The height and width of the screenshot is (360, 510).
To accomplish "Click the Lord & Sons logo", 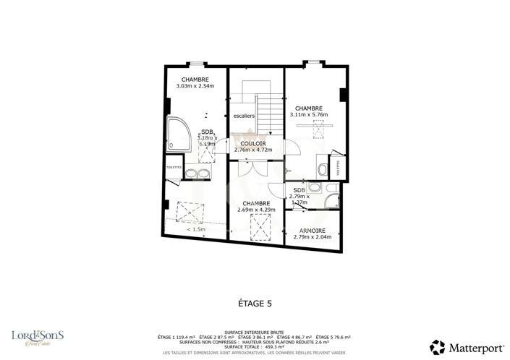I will coord(37,337).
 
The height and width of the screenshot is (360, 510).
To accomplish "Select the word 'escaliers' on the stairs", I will coord(244,116).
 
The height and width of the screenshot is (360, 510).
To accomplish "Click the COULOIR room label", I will coord(253,144).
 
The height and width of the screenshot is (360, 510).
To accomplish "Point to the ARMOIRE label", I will coord(313,231).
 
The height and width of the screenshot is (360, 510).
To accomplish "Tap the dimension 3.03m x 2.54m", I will coord(195,87).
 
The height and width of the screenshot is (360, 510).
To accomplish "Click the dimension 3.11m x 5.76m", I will coord(309,114).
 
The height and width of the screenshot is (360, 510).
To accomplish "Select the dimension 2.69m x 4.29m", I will coord(256,210).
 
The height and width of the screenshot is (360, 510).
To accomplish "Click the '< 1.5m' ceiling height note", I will coord(196,229).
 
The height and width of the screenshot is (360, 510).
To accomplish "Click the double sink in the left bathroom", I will coord(196,173).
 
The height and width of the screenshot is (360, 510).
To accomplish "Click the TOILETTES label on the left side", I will coord(174,166).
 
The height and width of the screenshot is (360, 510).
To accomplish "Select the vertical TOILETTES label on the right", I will coord(340,168).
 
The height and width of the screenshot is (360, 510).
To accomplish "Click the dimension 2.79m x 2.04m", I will coord(313,237).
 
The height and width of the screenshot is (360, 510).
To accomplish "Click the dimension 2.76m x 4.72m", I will coord(253,150).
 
